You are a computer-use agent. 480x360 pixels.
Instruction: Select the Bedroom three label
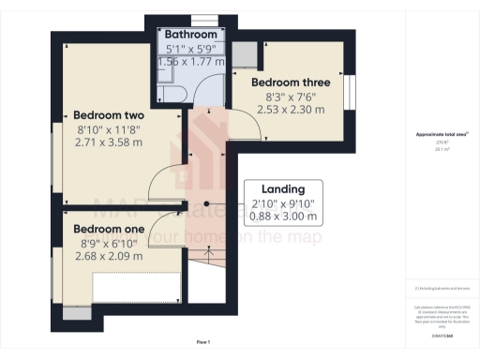291,82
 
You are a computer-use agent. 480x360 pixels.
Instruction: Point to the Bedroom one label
109,229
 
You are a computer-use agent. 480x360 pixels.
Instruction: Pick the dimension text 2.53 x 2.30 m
291,109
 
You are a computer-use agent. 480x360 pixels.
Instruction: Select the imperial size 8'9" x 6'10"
107,243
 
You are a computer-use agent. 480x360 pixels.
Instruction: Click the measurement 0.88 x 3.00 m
285,217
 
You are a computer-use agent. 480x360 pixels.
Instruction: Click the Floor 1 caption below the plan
203,342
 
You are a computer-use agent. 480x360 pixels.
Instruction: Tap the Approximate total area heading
442,134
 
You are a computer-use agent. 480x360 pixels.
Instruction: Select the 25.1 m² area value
442,148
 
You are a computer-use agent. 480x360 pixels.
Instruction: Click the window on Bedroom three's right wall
349,93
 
